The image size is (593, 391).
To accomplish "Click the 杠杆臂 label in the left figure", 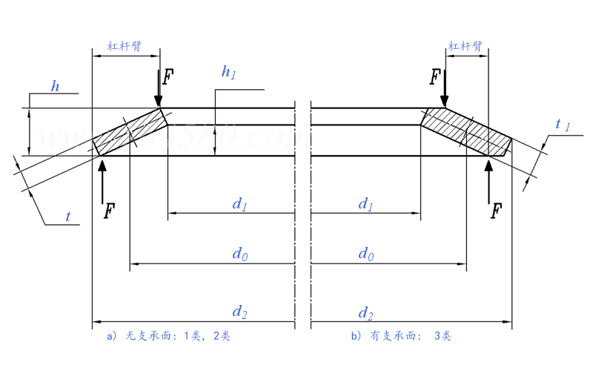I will [125, 46].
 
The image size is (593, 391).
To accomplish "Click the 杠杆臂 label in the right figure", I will [466, 46].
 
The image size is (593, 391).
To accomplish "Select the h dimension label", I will [55, 86].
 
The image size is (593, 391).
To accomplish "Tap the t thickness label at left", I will [68, 217].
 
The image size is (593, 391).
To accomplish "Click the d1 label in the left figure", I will [239, 204].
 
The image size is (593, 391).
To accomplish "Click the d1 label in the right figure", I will [365, 204].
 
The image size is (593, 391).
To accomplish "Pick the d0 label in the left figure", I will [239, 254].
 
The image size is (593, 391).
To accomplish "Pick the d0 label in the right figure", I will [365, 254].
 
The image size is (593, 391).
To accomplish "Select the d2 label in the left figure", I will [239, 312].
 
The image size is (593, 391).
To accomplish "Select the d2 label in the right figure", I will [365, 312].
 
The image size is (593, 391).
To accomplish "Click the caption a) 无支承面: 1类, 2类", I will [169, 336].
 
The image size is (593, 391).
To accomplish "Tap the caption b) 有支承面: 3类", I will [401, 336].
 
